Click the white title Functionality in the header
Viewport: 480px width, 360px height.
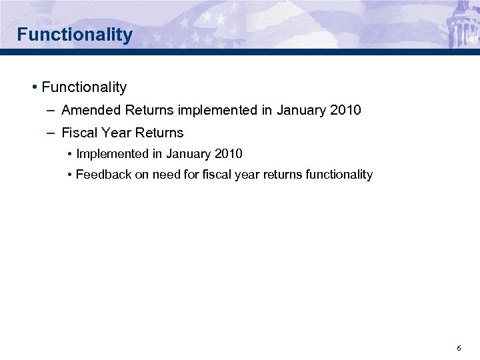75,34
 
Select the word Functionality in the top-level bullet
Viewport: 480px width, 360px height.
84,87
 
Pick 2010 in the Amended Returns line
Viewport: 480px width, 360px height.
345,110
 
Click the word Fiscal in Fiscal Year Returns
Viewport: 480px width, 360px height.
78,133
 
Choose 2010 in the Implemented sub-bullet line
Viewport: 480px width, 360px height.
229,154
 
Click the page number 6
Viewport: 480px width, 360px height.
459,349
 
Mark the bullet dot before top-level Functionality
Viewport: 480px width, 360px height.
33,87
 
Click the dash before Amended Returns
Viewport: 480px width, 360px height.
51,110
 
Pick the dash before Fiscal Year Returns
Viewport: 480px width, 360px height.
51,133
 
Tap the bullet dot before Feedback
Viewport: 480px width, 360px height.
70,175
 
